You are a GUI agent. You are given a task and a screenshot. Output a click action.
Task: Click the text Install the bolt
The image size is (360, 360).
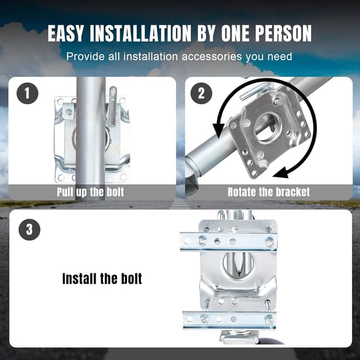[x=102, y=278]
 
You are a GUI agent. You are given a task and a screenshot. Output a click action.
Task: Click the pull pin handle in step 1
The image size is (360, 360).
[x=113, y=99]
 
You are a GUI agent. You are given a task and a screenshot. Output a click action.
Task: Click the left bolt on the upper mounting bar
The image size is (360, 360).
[x=202, y=242]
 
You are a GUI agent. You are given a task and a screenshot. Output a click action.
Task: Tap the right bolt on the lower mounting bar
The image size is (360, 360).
[x=269, y=319]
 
